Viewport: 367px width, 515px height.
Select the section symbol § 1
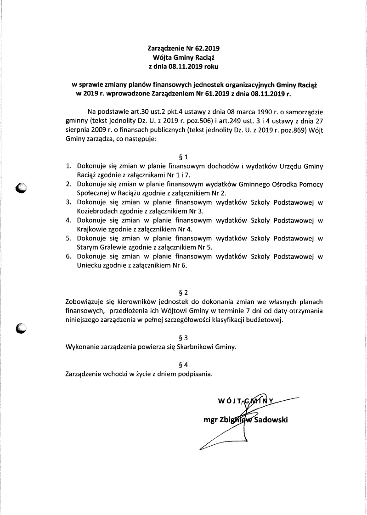pyautogui.click(x=183, y=157)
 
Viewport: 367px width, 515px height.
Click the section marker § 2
pyautogui.click(x=183, y=291)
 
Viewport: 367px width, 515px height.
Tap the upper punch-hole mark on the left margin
pyautogui.click(x=21, y=187)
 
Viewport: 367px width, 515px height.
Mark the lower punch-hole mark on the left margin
pyautogui.click(x=21, y=327)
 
